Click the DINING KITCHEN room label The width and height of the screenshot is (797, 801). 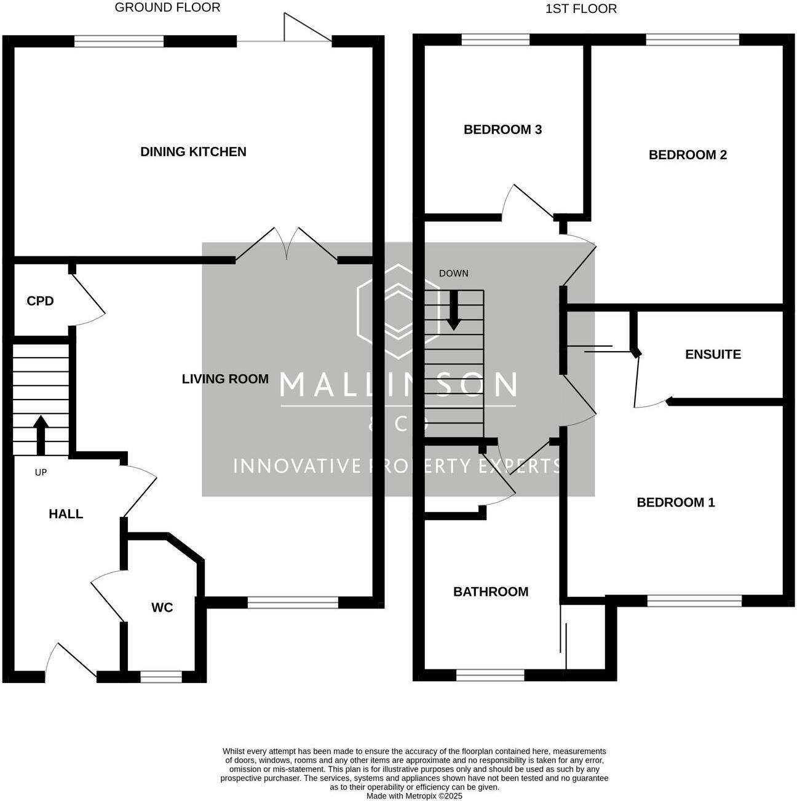193,152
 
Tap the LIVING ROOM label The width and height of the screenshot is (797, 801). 225,379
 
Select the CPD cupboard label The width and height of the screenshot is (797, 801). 40,301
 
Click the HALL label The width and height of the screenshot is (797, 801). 66,514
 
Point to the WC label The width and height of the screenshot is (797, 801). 162,607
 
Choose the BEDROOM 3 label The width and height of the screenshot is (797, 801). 502,129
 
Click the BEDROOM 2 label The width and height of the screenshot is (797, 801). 688,155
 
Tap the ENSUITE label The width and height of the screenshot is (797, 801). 713,354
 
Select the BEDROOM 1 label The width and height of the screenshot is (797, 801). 676,502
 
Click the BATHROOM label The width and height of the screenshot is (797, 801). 491,591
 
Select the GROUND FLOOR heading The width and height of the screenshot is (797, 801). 167,7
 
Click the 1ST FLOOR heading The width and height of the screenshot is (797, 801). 581,9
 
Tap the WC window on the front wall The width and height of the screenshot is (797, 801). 161,676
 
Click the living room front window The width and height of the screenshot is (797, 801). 293,602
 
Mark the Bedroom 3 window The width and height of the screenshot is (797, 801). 495,40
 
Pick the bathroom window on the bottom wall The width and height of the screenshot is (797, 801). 490,675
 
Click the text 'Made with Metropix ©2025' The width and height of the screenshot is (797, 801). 414,795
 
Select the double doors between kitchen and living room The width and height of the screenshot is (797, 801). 287,246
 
